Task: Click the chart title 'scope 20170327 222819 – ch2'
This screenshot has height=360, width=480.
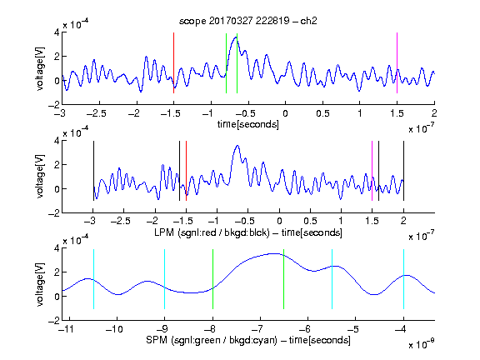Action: (x=248, y=21)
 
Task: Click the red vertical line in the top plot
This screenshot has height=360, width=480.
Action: (x=173, y=62)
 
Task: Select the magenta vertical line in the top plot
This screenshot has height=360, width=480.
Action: (x=397, y=62)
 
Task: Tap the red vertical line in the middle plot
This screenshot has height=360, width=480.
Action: (x=186, y=171)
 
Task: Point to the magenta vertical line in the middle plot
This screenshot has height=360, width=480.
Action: (x=372, y=171)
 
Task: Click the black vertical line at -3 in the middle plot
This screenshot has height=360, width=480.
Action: (x=93, y=171)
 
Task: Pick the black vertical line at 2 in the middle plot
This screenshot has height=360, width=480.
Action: (x=403, y=171)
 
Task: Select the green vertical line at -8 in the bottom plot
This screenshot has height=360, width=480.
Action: (x=212, y=279)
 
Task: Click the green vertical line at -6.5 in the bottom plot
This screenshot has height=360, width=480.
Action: (x=284, y=279)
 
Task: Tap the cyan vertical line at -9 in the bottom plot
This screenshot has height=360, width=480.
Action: (x=164, y=279)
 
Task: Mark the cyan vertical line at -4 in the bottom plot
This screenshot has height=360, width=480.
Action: (x=403, y=279)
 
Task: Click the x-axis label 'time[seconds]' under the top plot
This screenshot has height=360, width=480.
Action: (x=248, y=124)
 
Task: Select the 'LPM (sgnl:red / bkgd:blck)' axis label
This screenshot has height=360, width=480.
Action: (x=212, y=232)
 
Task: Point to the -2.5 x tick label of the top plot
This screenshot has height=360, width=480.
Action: (x=96, y=113)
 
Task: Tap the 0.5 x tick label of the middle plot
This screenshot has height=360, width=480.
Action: (x=310, y=221)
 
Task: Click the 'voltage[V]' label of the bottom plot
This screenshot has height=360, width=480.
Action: (x=40, y=285)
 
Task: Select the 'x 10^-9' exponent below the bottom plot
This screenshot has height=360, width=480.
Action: (x=422, y=344)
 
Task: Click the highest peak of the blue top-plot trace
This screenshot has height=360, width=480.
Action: (x=236, y=37)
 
